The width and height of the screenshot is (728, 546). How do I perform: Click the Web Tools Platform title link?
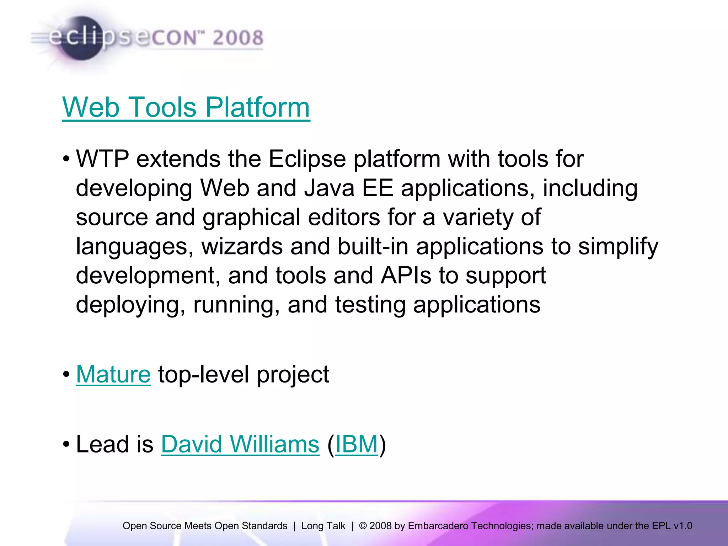click(x=186, y=107)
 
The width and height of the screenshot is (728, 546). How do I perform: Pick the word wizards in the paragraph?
click(x=242, y=246)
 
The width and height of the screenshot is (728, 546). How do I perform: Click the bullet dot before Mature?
click(x=66, y=375)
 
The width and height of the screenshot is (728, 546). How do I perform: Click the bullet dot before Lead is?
click(x=66, y=445)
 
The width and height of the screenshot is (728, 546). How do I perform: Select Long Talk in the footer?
click(x=323, y=526)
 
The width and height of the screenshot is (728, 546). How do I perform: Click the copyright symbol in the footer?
click(x=363, y=526)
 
